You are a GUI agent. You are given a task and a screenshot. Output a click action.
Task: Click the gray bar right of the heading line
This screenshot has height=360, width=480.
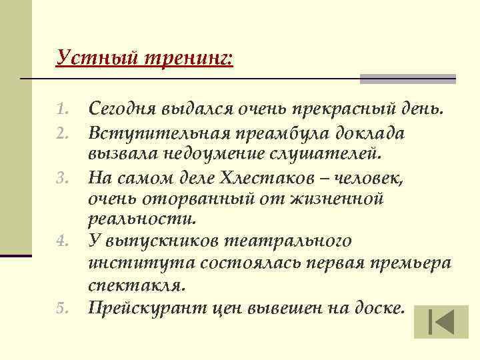408,79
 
